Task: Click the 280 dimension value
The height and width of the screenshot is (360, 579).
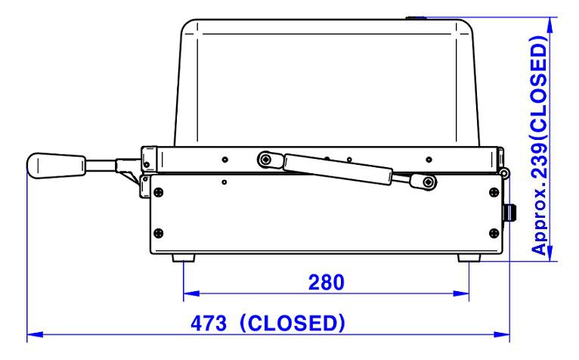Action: (326, 282)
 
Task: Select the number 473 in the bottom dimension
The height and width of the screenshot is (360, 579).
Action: (209, 324)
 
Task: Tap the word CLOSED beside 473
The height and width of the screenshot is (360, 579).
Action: (293, 323)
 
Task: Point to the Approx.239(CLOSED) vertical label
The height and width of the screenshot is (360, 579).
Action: (539, 145)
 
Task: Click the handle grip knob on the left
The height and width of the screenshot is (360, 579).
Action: (56, 166)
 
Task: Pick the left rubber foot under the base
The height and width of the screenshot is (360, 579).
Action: (184, 258)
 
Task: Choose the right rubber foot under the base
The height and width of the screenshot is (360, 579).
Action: (469, 258)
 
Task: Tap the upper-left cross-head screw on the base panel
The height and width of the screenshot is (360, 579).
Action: (159, 192)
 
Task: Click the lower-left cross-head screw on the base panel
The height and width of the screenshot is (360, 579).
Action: (159, 233)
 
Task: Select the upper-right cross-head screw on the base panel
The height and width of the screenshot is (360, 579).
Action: (494, 192)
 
